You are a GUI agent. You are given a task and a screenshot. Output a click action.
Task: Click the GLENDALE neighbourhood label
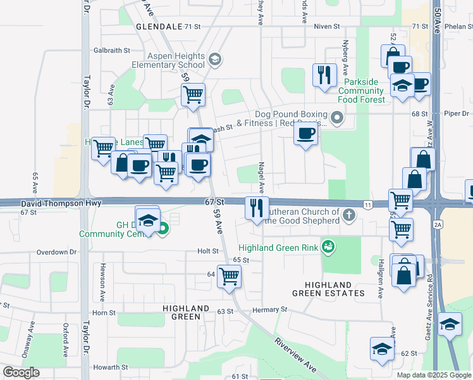click(x=158, y=27)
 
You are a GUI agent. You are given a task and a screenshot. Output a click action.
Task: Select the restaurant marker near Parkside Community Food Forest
click(x=324, y=75)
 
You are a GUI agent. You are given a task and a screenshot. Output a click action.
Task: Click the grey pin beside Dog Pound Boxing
click(x=338, y=118)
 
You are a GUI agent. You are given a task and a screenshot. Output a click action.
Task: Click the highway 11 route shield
click(x=367, y=204)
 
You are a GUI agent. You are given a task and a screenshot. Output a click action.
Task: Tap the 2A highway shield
click(x=437, y=224)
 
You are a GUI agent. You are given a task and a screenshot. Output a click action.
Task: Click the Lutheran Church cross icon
click(x=348, y=216)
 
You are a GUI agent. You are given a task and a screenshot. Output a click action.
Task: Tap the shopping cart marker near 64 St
click(x=228, y=275)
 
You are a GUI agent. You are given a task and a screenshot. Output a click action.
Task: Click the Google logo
click(x=21, y=372)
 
